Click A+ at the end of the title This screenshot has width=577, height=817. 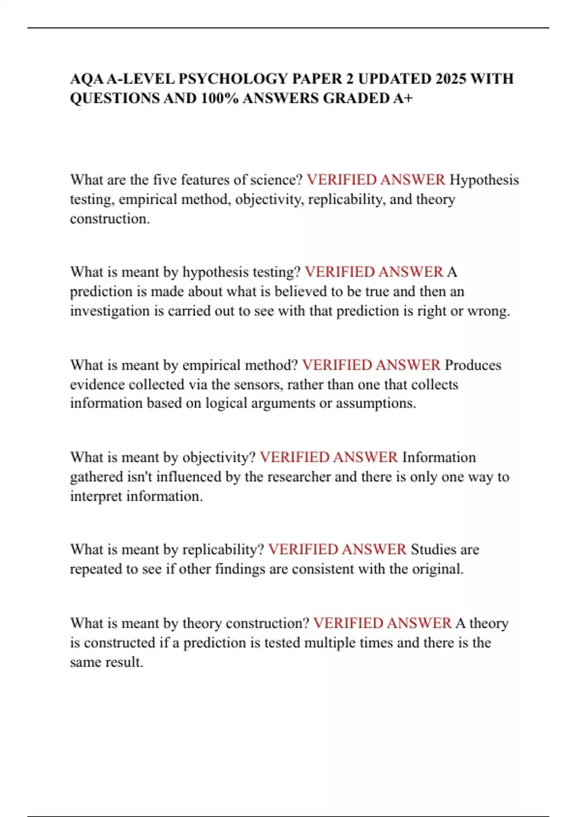403,98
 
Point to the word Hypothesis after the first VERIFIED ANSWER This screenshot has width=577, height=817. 484,180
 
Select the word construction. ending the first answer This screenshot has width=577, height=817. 110,219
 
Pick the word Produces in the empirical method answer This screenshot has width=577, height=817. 473,365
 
